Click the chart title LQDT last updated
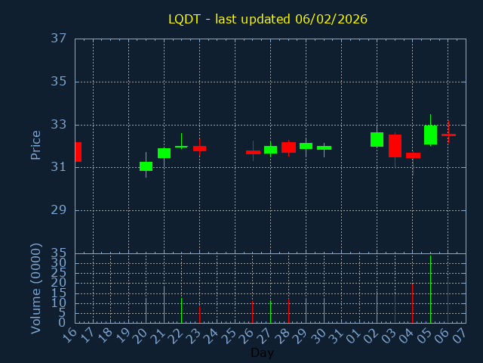[x=268, y=19]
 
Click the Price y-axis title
[x=35, y=144]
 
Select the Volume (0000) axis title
[x=35, y=288]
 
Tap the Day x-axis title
[x=262, y=352]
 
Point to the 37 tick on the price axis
[x=60, y=39]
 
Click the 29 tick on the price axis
[x=60, y=210]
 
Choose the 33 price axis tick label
[x=60, y=125]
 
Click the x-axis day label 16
[x=71, y=335]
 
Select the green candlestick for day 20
[x=146, y=166]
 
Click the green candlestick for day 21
[x=164, y=153]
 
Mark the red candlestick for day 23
[x=199, y=148]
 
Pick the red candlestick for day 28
[x=288, y=147]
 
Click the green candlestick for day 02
[x=377, y=139]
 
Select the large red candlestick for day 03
[x=395, y=145]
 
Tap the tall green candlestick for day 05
[x=430, y=135]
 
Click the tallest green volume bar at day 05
[x=430, y=289]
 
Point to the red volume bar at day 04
[x=412, y=302]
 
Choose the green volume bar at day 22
[x=181, y=310]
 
